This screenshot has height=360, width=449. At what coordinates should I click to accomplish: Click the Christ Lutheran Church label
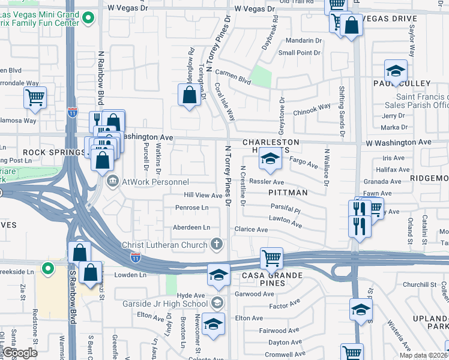pyautogui.click(x=164, y=245)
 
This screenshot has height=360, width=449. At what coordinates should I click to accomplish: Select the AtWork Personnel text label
pyautogui.click(x=157, y=182)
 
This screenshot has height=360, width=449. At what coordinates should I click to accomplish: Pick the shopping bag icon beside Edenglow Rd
pyautogui.click(x=189, y=95)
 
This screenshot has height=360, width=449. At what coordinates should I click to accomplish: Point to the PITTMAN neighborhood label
pyautogui.click(x=288, y=193)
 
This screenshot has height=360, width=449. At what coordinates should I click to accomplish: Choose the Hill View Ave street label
pyautogui.click(x=203, y=196)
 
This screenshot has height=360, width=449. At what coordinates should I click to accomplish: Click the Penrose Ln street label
pyautogui.click(x=191, y=208)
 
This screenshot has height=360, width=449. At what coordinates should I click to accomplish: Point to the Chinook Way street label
pyautogui.click(x=312, y=107)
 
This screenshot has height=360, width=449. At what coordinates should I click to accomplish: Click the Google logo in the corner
pyautogui.click(x=20, y=352)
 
